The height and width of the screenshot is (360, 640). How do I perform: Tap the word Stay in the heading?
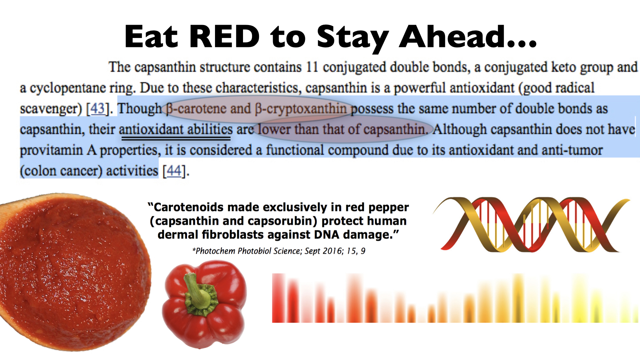coord(353,38)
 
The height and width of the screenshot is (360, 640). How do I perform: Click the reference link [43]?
coord(97,109)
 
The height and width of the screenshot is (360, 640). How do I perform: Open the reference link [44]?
coord(174,171)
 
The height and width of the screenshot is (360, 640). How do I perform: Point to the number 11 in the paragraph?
coord(312,67)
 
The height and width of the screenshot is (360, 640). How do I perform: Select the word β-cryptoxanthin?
coord(301,109)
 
